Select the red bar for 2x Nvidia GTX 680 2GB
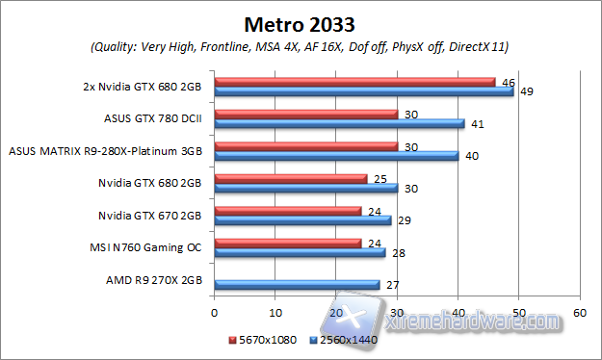point(354,82)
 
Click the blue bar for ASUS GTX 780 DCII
point(339,123)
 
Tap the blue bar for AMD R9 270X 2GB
point(297,284)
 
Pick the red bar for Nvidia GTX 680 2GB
point(291,178)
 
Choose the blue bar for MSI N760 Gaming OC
point(300,252)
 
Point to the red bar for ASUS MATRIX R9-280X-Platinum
point(306,146)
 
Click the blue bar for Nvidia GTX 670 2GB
point(302,220)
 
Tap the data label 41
point(477,123)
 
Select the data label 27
point(392,284)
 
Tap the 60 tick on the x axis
point(580,313)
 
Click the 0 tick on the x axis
point(215,313)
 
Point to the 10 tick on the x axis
point(275,313)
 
